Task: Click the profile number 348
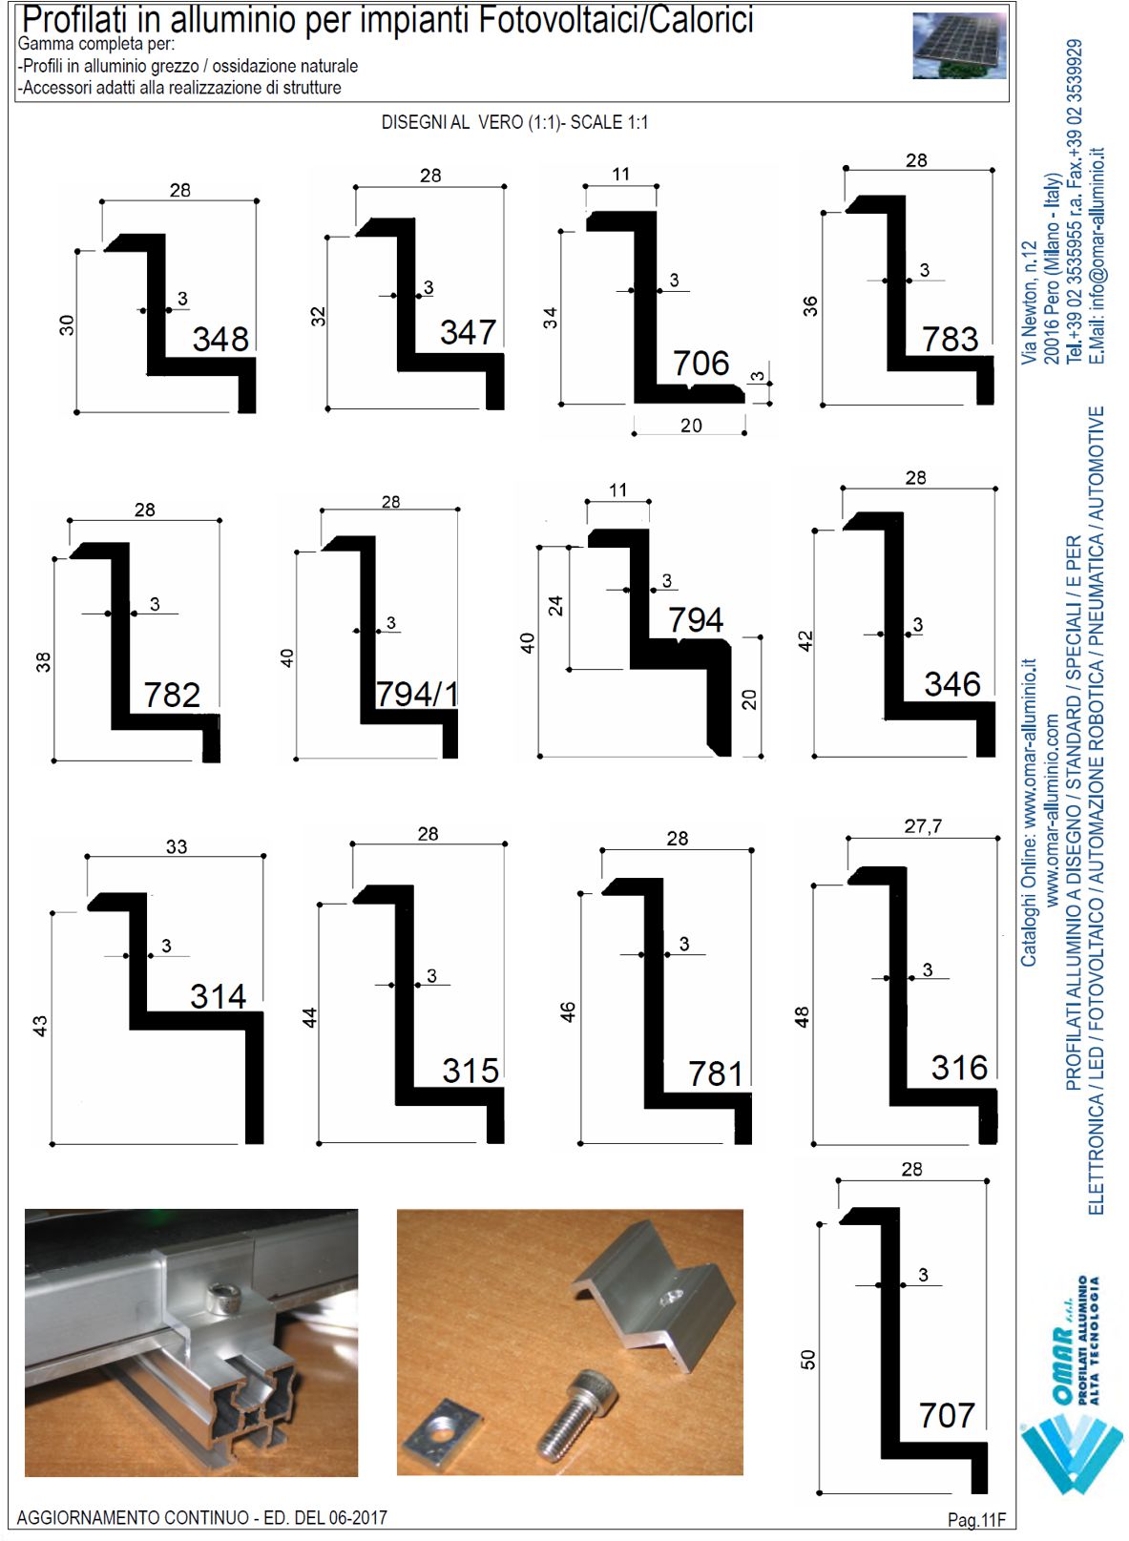pos(220,339)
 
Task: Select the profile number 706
pos(700,363)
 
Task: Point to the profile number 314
pos(219,996)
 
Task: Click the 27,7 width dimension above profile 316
pos(923,825)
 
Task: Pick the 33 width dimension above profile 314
pos(177,846)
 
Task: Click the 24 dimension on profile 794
pos(555,605)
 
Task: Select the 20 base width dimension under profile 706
pos(691,426)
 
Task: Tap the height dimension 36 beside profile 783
pos(811,305)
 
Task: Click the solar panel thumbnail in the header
pos(959,46)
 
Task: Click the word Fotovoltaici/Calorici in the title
pos(616,21)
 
